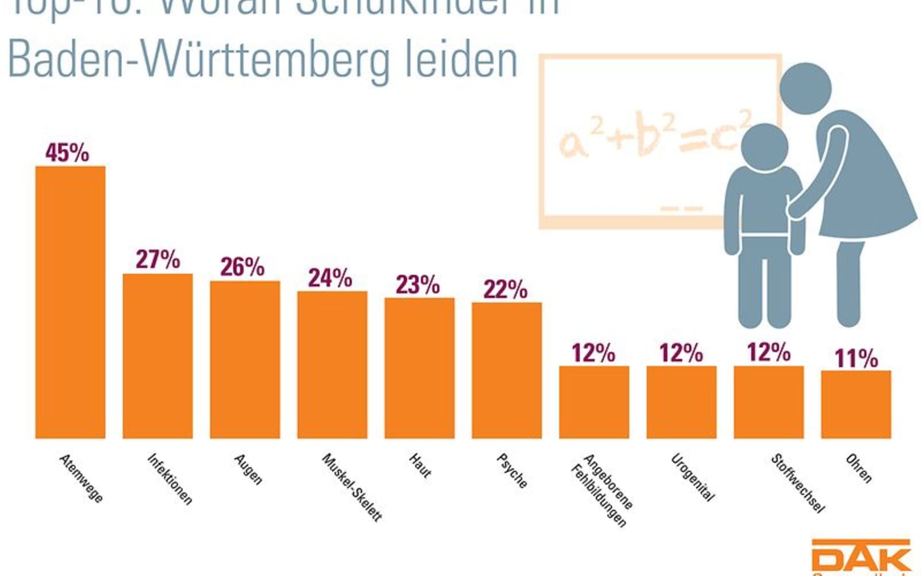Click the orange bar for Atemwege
pos(70,301)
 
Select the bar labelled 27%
pos(157,355)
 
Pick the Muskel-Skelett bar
pos(332,364)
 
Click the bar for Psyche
pos(506,370)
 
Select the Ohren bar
pos(856,404)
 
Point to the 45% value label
pos(67,153)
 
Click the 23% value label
pos(418,285)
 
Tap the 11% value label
pos(856,359)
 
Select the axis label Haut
pos(420,465)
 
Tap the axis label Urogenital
pos(693,477)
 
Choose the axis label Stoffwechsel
pos(798,483)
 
